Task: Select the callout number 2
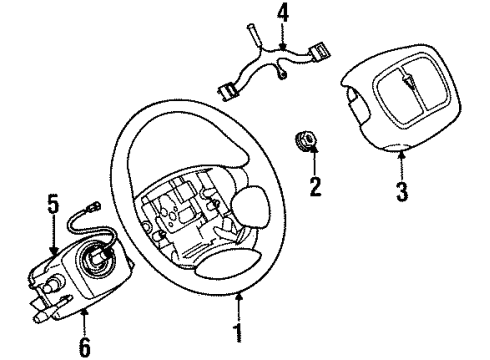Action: (317, 186)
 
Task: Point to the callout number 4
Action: (282, 15)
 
